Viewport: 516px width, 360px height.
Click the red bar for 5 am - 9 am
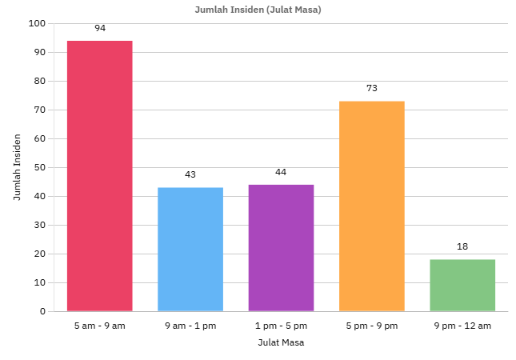click(100, 176)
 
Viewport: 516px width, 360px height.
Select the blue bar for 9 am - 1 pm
click(190, 250)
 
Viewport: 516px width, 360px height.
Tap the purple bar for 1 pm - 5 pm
click(281, 248)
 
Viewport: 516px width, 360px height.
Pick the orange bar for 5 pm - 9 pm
click(372, 206)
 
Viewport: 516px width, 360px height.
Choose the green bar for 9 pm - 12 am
click(462, 285)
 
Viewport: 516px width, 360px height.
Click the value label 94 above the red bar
click(100, 28)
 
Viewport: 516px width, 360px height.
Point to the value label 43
click(190, 174)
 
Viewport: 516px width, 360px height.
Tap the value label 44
click(281, 172)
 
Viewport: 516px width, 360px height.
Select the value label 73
click(372, 88)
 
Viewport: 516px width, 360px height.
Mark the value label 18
click(462, 246)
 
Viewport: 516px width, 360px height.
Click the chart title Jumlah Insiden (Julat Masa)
click(258, 10)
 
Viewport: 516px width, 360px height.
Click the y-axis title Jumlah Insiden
click(17, 167)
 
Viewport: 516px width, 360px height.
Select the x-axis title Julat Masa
click(281, 342)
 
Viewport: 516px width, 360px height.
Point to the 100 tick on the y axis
click(38, 23)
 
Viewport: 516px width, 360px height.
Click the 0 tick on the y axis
click(42, 311)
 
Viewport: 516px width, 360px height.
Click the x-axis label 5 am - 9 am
click(100, 326)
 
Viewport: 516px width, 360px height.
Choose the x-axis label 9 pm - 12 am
click(462, 326)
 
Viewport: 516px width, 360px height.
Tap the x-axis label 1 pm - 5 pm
click(281, 326)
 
